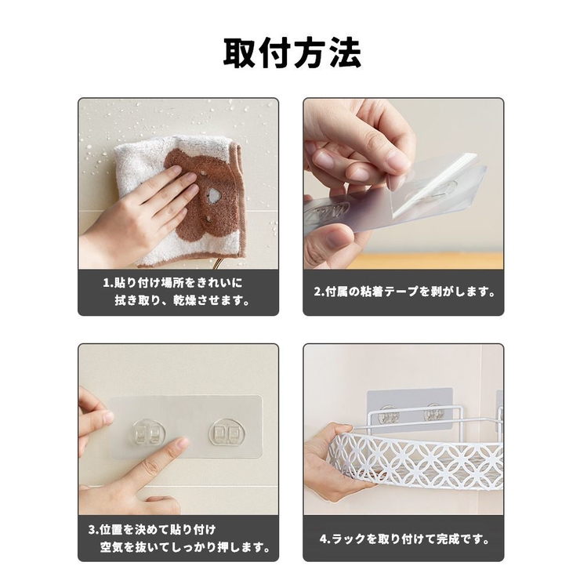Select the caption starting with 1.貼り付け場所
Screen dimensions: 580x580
(177, 283)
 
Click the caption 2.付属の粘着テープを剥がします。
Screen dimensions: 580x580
(404, 292)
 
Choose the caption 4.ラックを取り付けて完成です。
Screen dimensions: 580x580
(404, 538)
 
